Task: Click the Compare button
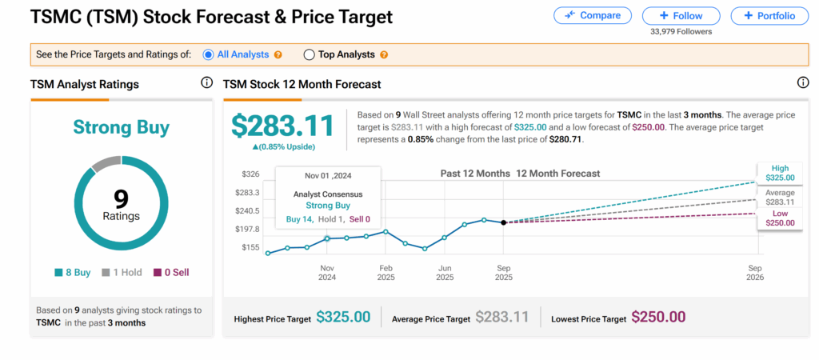[x=593, y=15]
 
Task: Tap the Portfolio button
[x=769, y=15]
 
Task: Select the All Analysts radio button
[x=208, y=54]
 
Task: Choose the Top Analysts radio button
[x=309, y=54]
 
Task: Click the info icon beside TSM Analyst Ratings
[x=206, y=83]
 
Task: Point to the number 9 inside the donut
[x=122, y=198]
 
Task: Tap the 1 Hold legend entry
[x=122, y=272]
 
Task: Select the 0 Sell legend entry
[x=170, y=272]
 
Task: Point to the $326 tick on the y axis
[x=250, y=174]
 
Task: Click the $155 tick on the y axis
[x=250, y=247]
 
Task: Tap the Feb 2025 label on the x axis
[x=386, y=273]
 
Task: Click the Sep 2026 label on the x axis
[x=754, y=273]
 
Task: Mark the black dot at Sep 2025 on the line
[x=503, y=222]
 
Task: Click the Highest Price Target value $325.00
[x=343, y=317]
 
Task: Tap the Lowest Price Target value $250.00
[x=658, y=317]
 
